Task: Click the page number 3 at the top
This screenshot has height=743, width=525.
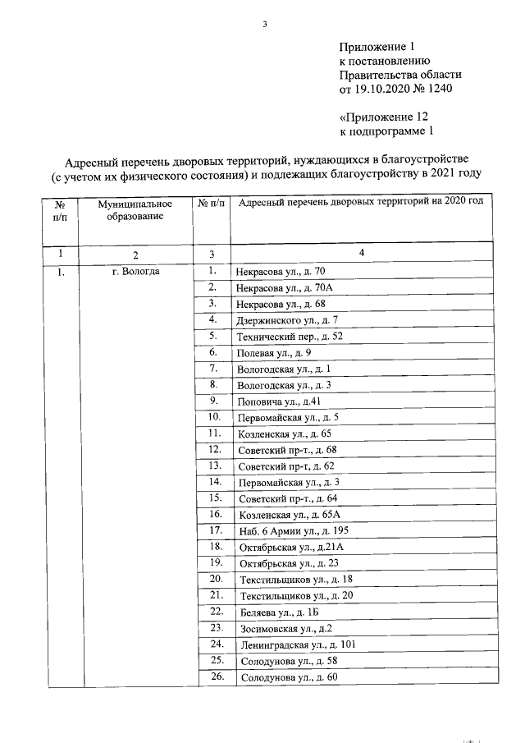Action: click(x=265, y=23)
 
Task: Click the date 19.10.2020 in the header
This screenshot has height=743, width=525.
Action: click(x=378, y=88)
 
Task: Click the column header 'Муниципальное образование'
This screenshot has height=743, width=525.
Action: click(x=135, y=209)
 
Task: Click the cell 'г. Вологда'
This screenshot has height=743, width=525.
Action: click(x=136, y=271)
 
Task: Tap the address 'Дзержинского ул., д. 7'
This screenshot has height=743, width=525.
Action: click(x=287, y=320)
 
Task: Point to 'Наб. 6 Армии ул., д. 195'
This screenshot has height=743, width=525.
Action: click(x=293, y=531)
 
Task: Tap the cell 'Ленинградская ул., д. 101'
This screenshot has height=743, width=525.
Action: click(x=297, y=645)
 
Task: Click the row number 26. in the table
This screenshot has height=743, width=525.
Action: click(x=217, y=676)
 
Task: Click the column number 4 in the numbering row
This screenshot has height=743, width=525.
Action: click(x=361, y=254)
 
